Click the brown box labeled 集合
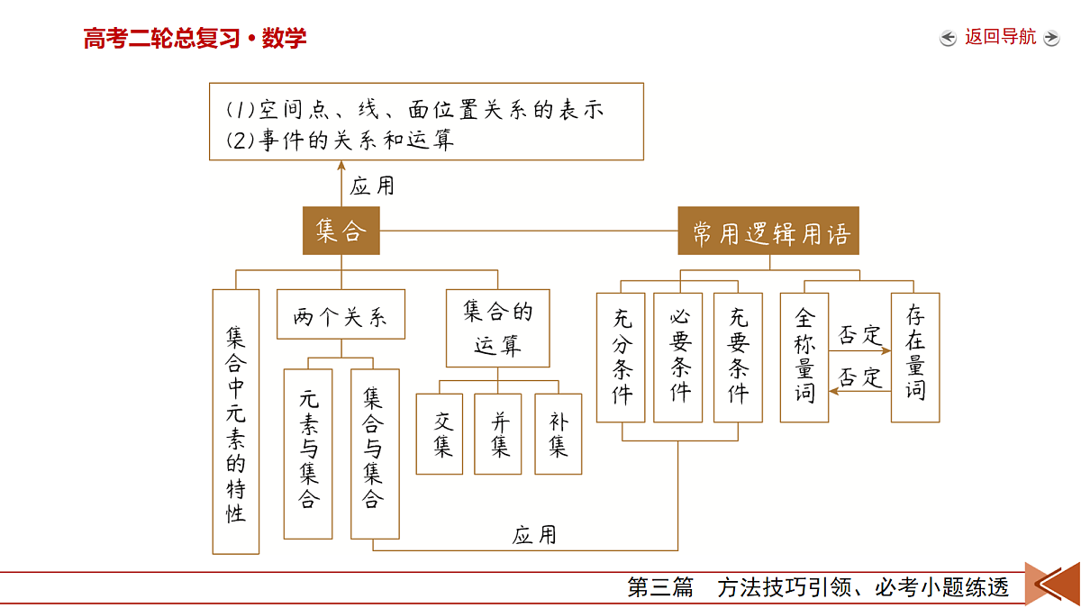coord(341,231)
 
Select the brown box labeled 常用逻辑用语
coord(768,231)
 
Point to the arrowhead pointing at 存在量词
coord(886,350)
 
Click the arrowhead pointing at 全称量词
coord(834,391)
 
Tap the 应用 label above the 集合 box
coord(372,186)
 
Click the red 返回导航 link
coord(1001,37)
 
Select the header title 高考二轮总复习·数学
coord(195,38)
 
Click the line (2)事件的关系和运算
coord(340,141)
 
